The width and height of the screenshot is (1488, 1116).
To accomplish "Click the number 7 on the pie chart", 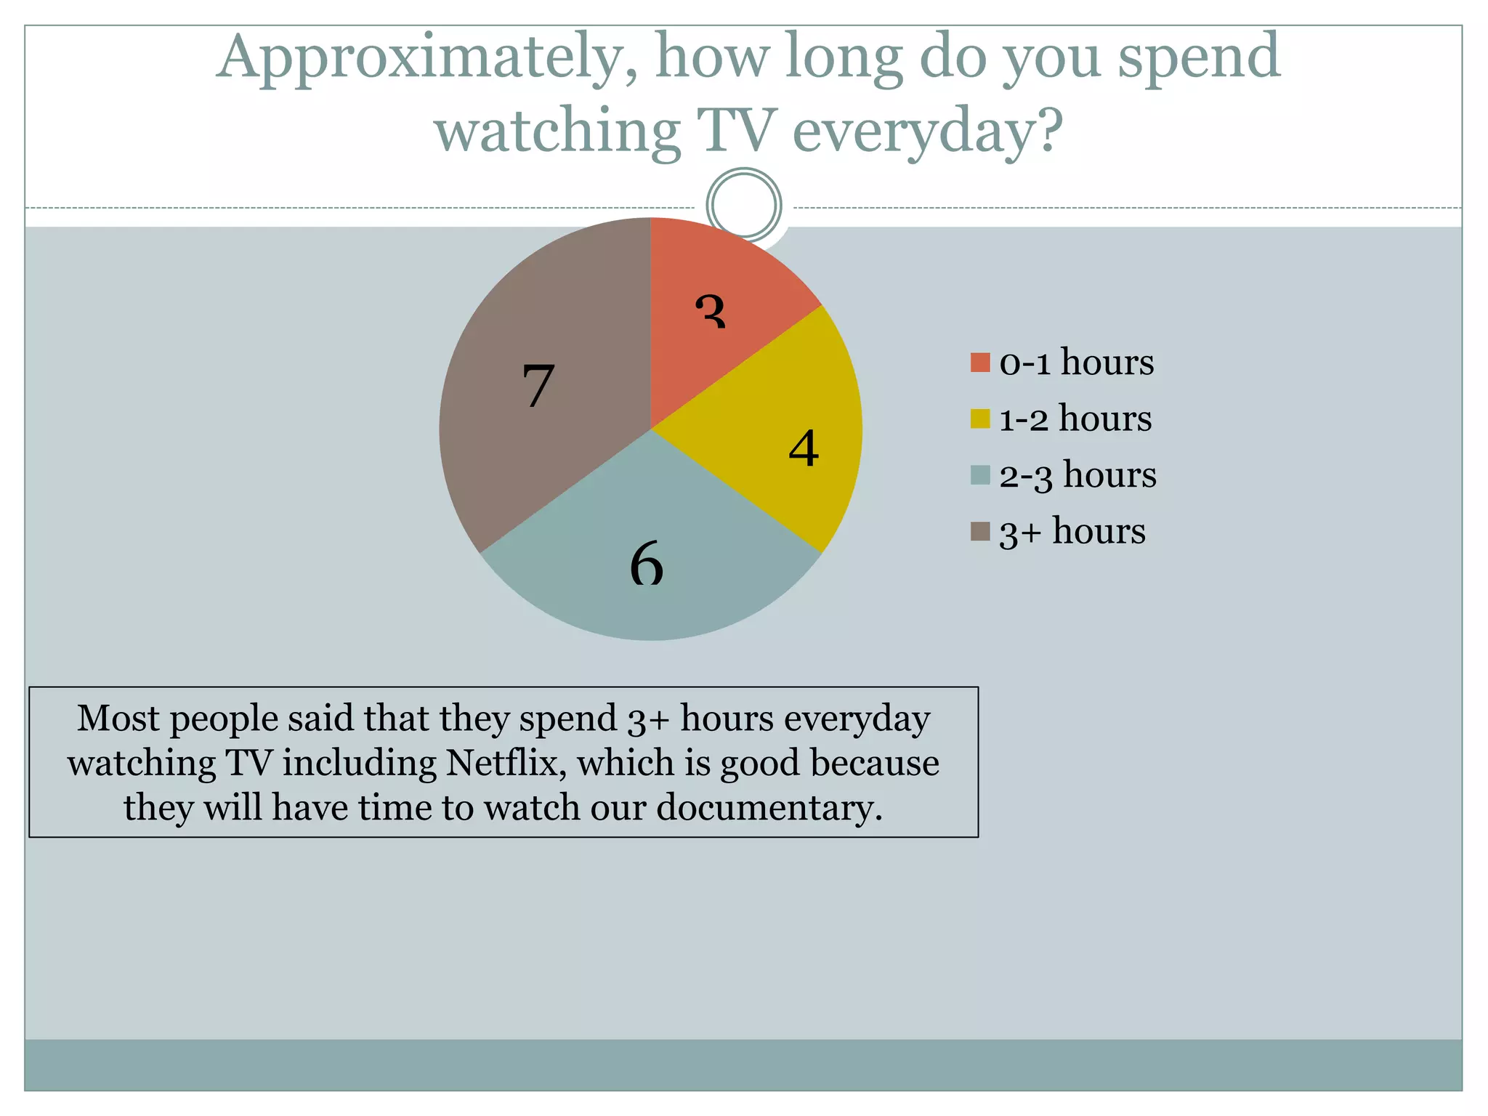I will click(538, 385).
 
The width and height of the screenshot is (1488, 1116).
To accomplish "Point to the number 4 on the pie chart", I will click(804, 448).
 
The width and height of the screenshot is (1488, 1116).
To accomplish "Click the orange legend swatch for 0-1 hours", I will click(979, 363).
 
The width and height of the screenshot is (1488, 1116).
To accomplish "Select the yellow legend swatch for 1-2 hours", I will click(979, 418).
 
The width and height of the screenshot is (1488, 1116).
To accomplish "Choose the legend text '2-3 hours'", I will click(1077, 475).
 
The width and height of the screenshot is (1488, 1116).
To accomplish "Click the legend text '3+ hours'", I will click(1072, 531).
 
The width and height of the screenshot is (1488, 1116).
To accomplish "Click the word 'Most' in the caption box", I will click(118, 719).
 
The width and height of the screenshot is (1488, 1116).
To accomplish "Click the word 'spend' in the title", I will click(1199, 58).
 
